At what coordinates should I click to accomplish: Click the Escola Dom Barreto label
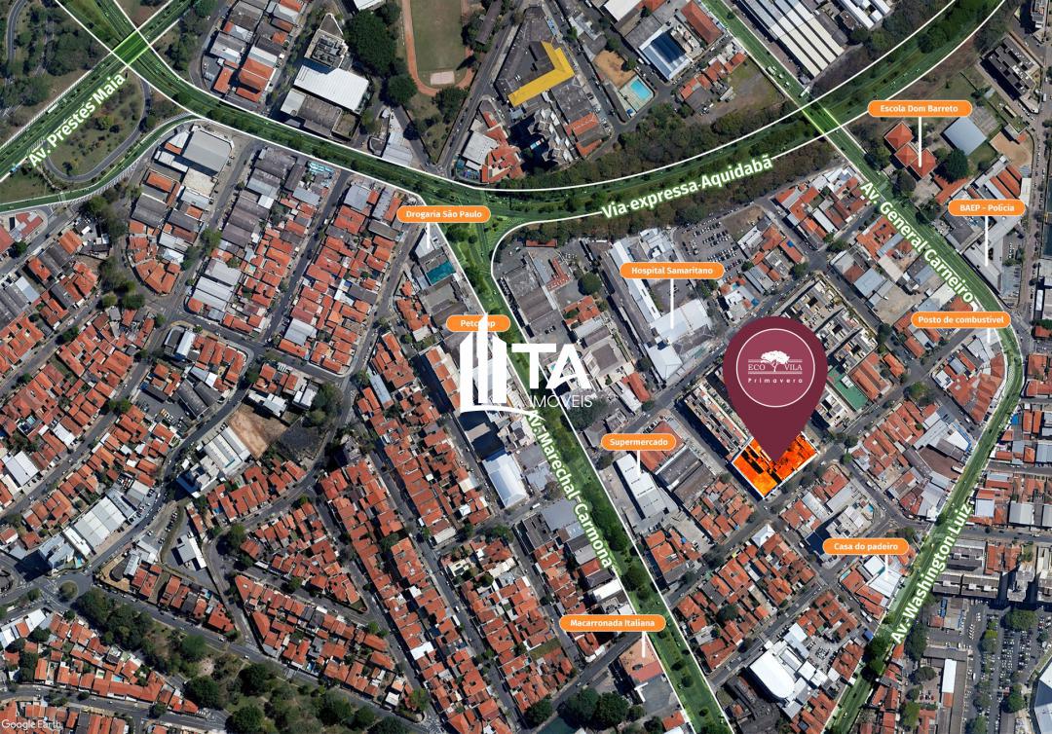tap(919, 108)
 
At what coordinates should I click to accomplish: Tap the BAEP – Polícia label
tap(985, 207)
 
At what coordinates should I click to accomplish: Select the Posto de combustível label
tap(960, 319)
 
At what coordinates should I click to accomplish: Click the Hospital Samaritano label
tap(672, 271)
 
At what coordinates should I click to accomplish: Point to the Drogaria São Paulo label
tap(442, 214)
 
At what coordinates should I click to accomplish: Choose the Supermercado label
tap(639, 442)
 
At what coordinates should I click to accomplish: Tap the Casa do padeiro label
tap(865, 546)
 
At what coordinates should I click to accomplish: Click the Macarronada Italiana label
tap(613, 622)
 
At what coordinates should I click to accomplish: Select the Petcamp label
tap(477, 323)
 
